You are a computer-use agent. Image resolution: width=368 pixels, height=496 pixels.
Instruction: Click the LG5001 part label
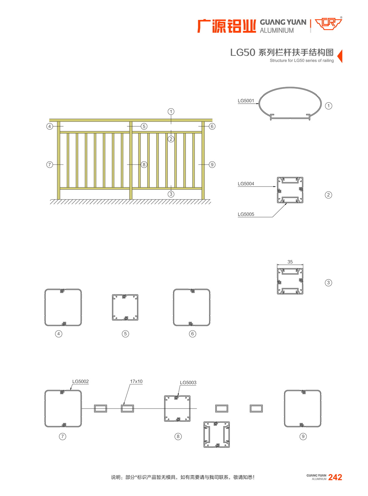246,101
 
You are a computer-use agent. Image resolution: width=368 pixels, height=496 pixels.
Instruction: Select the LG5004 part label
246,184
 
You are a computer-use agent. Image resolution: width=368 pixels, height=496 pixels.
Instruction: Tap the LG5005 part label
246,214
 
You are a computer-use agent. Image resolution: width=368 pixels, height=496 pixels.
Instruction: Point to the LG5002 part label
80,382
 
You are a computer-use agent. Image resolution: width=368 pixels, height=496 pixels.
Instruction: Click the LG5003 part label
188,383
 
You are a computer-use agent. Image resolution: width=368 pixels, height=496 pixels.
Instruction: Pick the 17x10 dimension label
136,382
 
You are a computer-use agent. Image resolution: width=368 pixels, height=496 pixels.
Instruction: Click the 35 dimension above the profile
290,262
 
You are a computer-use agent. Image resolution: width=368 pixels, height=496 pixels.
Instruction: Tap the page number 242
335,477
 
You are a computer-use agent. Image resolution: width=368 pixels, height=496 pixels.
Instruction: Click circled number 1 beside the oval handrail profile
328,106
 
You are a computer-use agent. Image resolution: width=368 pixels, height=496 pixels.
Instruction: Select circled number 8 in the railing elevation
144,165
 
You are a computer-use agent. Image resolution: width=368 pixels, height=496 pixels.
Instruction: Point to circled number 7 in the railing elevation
49,165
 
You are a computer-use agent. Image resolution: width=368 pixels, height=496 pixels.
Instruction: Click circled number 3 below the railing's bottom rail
171,194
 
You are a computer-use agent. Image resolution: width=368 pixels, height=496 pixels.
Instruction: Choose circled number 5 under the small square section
125,334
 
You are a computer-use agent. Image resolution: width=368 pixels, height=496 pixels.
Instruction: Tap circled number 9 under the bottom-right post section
303,436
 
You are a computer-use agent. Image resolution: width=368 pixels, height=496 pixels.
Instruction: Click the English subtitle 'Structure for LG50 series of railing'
301,60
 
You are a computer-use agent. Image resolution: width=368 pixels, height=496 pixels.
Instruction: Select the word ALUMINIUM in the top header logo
277,30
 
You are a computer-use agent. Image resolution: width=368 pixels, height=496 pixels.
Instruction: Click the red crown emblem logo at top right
328,24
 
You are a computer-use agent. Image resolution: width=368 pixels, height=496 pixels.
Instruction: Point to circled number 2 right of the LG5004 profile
328,195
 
